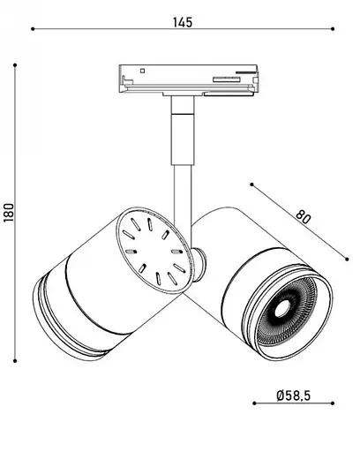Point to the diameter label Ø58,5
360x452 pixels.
coord(293,396)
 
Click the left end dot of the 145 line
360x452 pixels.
coord(33,28)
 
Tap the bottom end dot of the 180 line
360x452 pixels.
coord(16,360)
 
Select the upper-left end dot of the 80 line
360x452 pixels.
coord(252,185)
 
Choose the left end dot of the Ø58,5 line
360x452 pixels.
coord(254,403)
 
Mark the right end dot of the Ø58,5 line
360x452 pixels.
coord(332,403)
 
